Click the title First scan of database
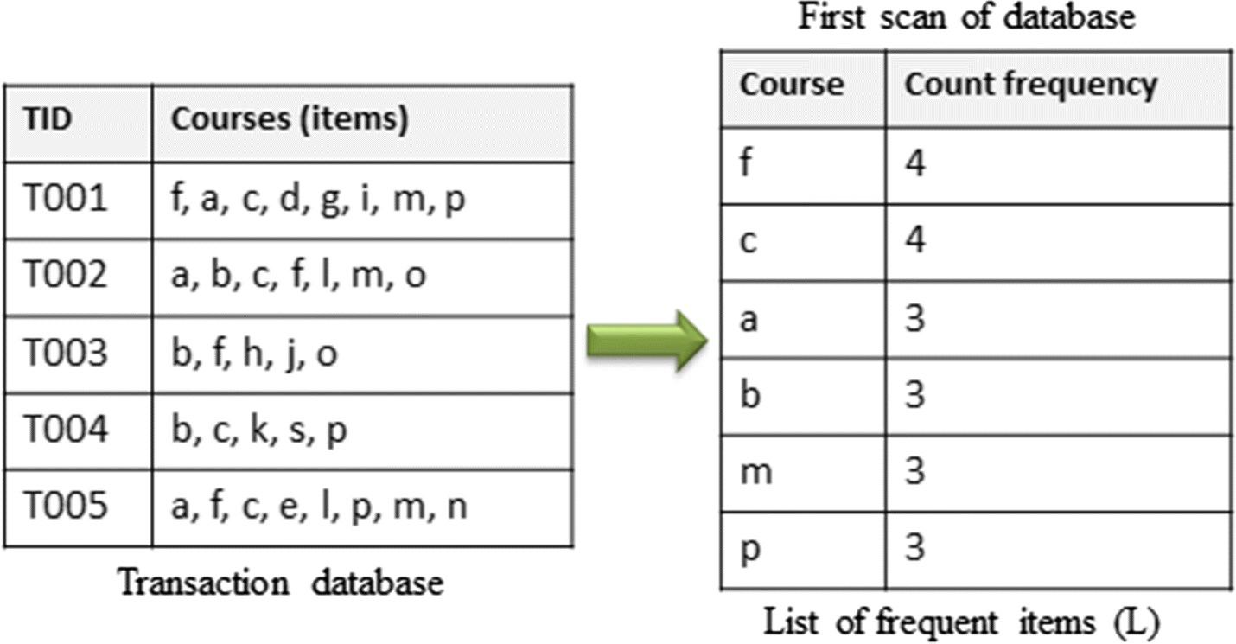tap(965, 17)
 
